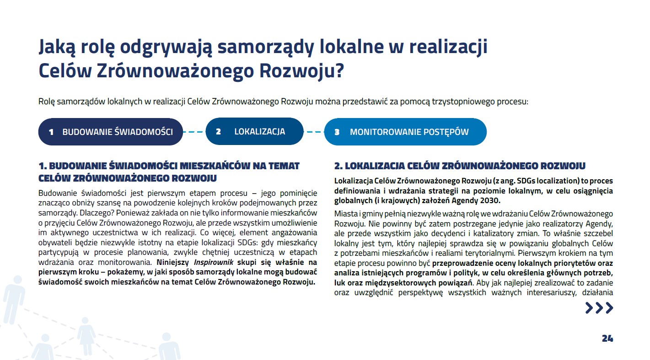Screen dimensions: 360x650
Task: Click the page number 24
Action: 607,339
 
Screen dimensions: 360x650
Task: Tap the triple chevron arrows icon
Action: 599,308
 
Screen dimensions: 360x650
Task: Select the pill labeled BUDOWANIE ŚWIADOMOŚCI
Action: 111,132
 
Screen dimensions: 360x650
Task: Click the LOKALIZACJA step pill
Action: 255,132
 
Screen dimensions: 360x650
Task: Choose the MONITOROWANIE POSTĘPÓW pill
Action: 405,132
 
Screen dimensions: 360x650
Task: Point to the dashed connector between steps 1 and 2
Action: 194,132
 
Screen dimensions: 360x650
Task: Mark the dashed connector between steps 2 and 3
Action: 314,132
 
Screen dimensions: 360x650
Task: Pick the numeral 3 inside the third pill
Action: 337,132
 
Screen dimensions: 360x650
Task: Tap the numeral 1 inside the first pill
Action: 51,132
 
